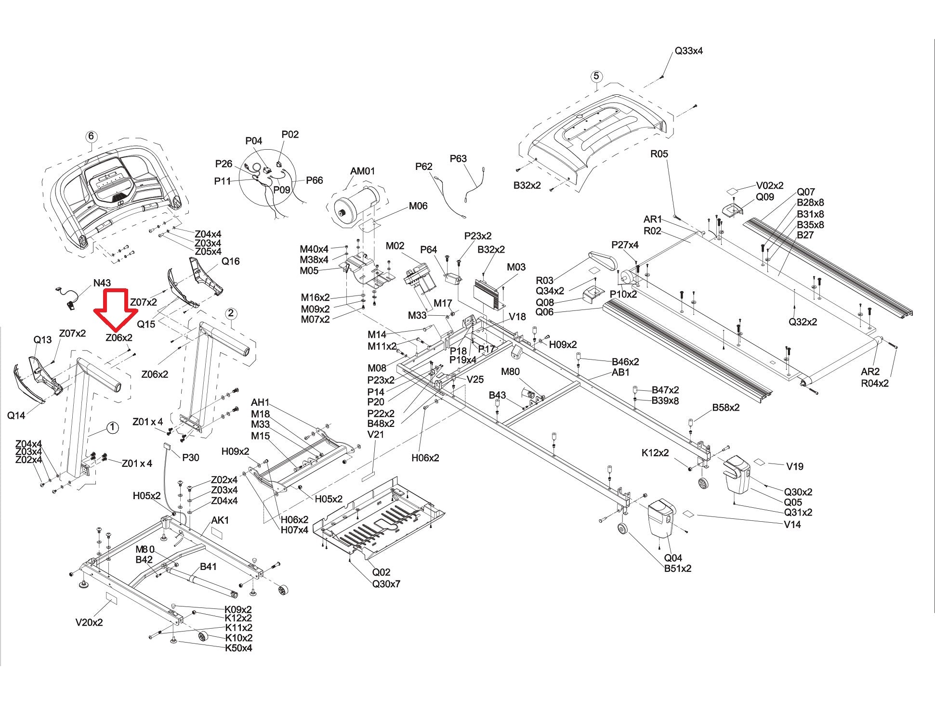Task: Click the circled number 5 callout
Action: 596,76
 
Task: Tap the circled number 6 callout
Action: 91,137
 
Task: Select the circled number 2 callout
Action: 231,314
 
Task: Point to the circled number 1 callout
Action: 112,427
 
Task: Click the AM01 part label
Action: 362,171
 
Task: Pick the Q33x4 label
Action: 688,51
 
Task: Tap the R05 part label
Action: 659,154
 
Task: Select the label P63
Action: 459,159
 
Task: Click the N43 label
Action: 102,284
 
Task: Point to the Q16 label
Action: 230,261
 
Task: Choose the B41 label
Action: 208,567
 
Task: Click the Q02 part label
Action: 381,572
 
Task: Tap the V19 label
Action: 795,466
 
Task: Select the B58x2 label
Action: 726,408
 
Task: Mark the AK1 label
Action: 220,520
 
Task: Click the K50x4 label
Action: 238,648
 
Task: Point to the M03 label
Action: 516,267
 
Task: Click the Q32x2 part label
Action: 803,322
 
